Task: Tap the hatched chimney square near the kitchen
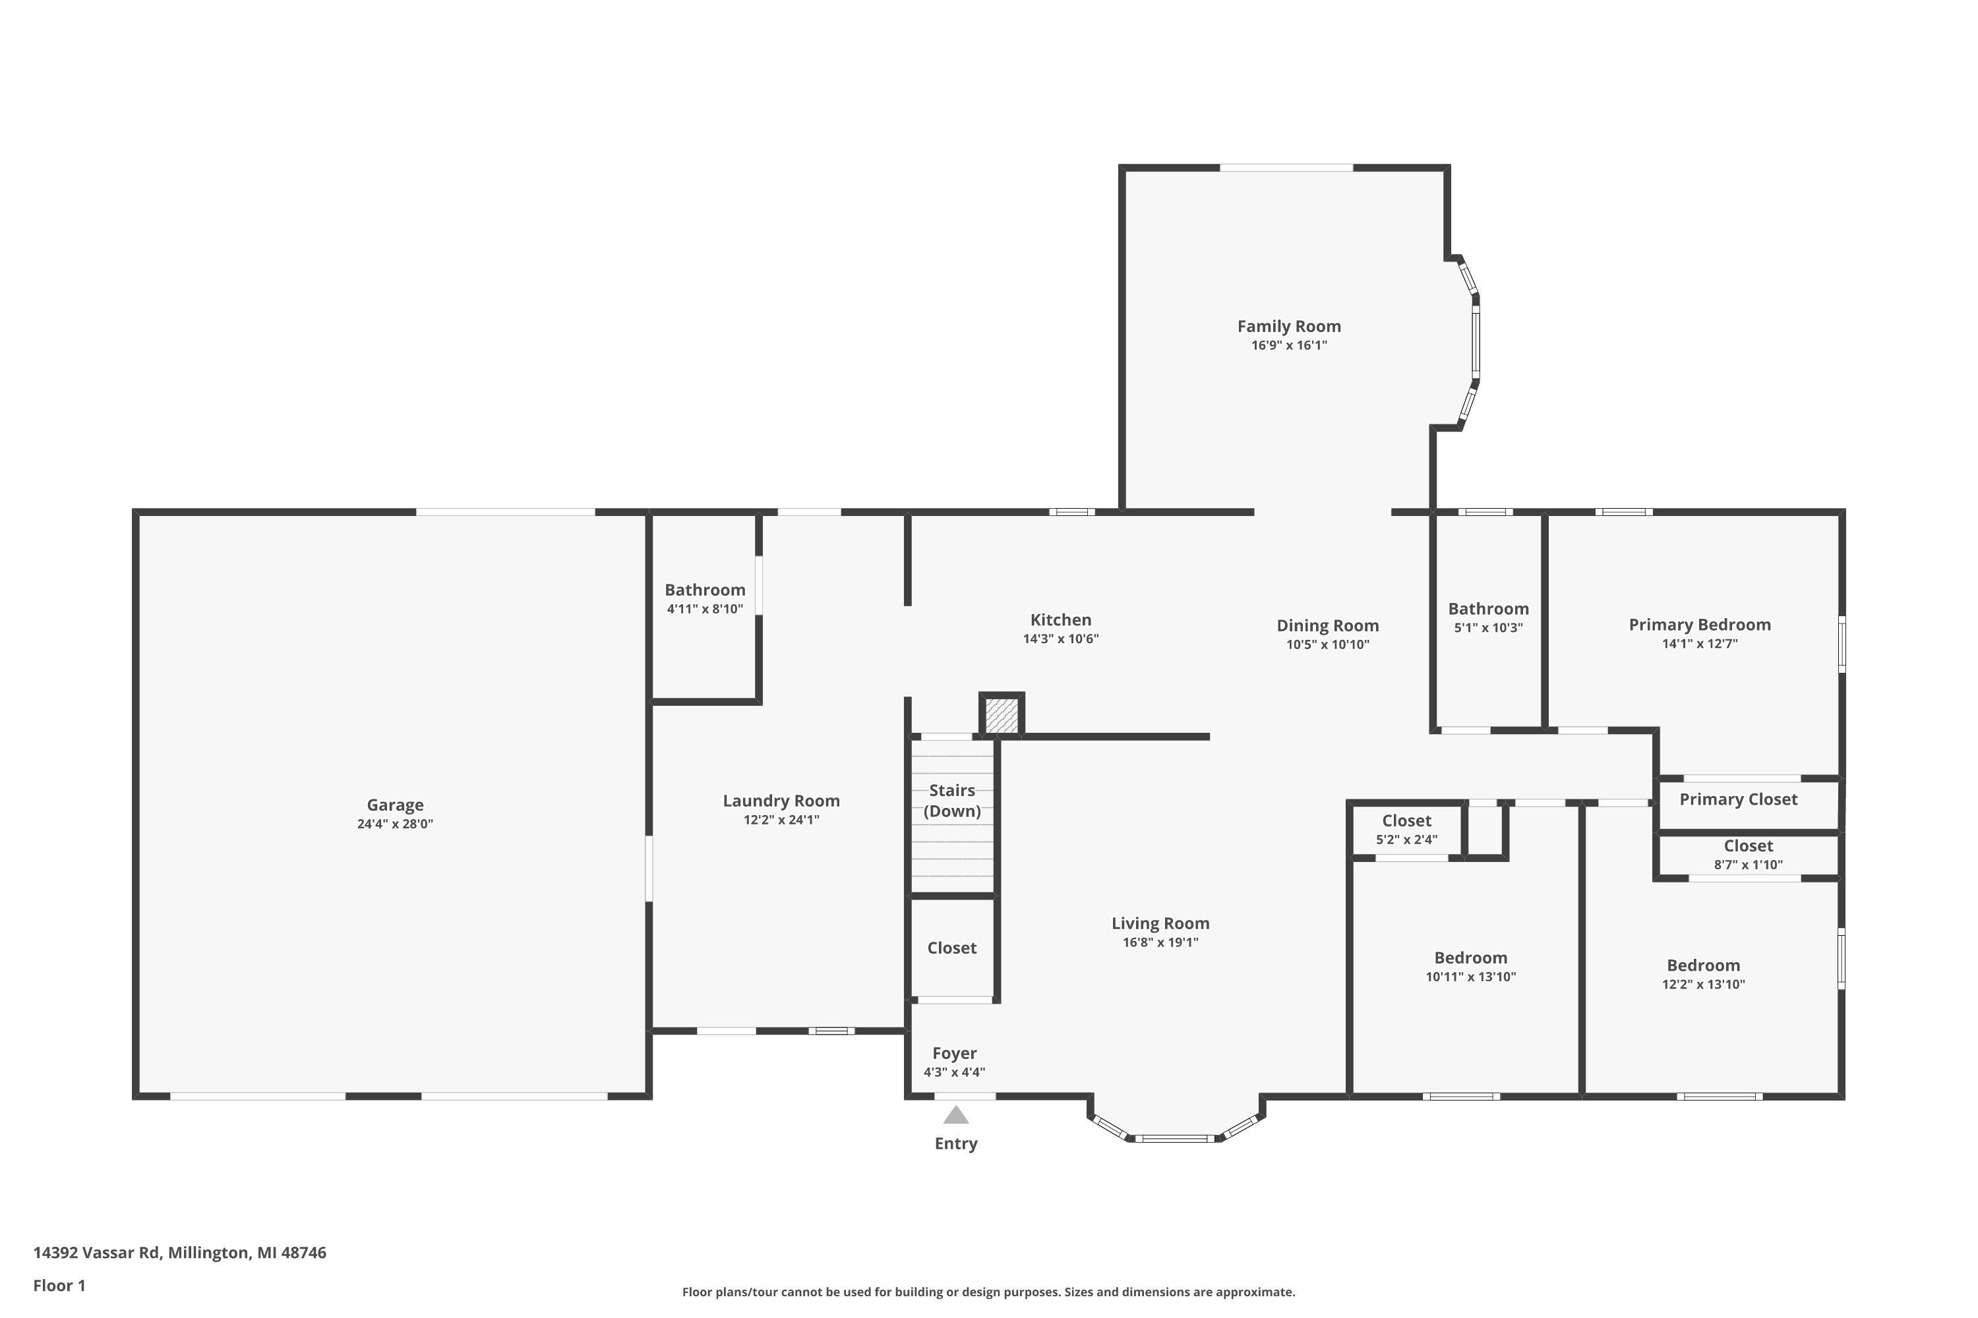(1001, 714)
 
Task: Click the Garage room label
(394, 805)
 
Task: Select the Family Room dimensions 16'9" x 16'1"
(1288, 345)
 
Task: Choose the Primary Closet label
(1738, 799)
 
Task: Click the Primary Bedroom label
(1700, 625)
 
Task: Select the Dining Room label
(1327, 625)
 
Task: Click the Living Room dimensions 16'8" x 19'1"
(1160, 942)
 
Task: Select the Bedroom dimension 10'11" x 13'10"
(1470, 977)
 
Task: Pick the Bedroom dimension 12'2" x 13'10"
(1703, 985)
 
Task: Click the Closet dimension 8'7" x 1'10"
(1748, 864)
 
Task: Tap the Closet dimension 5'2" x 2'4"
(1406, 839)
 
